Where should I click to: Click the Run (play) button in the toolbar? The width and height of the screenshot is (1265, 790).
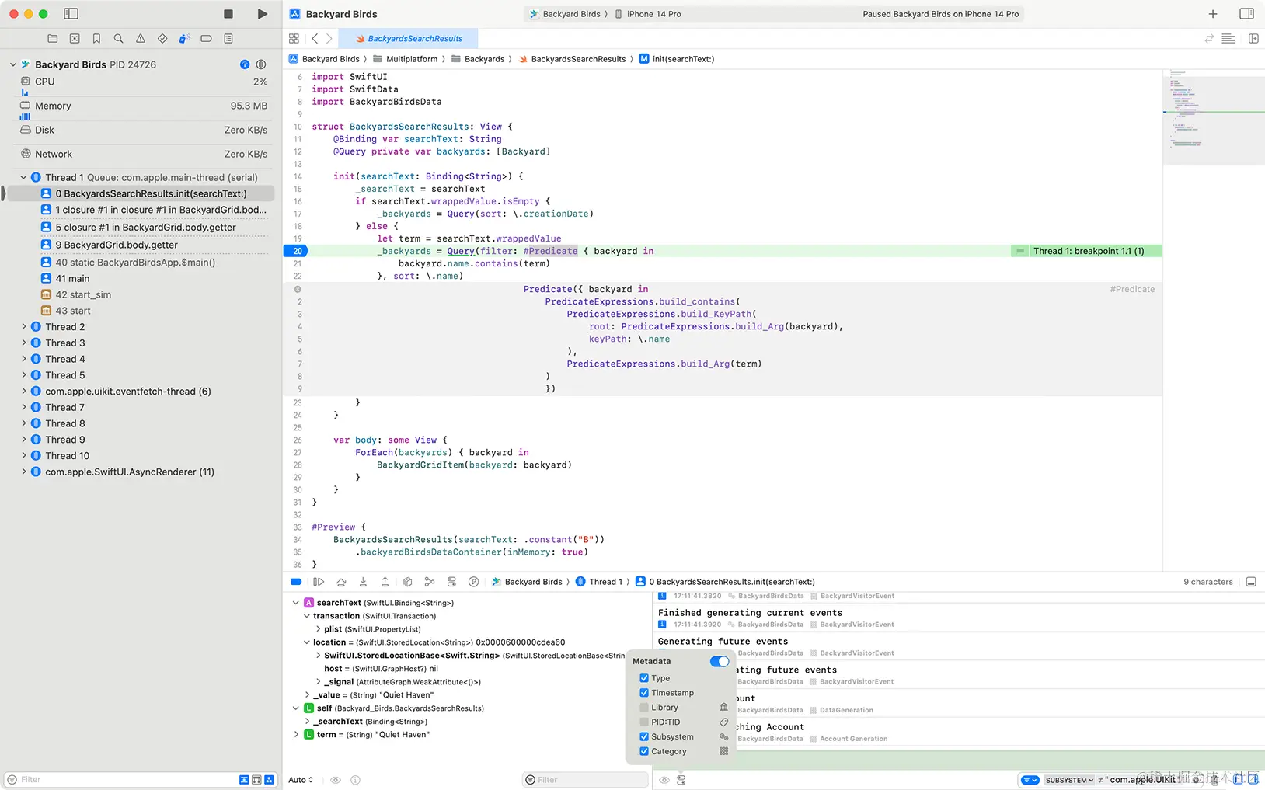(263, 14)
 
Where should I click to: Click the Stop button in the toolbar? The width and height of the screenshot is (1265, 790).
(228, 14)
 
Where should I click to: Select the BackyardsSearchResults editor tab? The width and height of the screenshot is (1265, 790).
(415, 39)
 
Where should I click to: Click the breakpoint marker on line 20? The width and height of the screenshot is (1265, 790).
(297, 251)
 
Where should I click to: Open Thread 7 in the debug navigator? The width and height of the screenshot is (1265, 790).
(64, 407)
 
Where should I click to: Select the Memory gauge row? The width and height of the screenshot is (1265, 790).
(53, 106)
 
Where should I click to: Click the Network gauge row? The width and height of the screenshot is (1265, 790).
(54, 154)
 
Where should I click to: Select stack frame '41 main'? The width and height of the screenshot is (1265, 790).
(72, 278)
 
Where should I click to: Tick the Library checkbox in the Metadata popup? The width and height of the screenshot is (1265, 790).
(644, 708)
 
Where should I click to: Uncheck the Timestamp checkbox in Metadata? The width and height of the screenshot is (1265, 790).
(644, 693)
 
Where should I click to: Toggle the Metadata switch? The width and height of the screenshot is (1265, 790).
(720, 662)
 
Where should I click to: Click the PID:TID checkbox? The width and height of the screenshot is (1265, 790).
(644, 722)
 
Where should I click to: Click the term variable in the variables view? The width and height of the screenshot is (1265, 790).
(326, 735)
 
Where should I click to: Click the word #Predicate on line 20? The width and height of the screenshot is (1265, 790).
(550, 251)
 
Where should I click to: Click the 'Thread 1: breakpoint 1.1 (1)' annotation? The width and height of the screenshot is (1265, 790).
(1088, 251)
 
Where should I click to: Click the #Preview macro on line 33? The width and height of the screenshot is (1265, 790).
(333, 527)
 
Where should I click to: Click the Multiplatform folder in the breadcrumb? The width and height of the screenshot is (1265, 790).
(411, 59)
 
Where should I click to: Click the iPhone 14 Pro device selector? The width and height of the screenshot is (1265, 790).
(653, 14)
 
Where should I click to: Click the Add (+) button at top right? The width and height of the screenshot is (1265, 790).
(1213, 14)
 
